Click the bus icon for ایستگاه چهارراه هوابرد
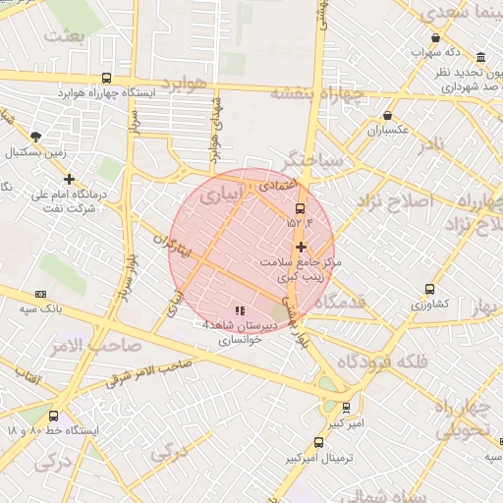coord(106,78)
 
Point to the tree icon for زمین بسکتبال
coord(36,137)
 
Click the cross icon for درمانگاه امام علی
coord(69,179)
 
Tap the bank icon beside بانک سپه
coord(40,294)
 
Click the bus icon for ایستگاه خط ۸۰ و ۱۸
coord(53,416)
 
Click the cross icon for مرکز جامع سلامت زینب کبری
coord(301,247)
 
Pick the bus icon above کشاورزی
coord(430,289)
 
